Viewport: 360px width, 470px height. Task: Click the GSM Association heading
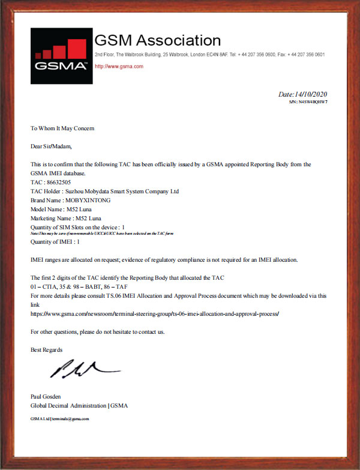[x=158, y=41]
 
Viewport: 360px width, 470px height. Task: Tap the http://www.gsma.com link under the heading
[x=119, y=66]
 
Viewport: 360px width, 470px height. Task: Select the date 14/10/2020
[x=303, y=94]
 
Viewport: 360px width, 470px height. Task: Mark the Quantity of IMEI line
[x=55, y=241]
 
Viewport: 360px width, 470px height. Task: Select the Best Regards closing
[x=46, y=349]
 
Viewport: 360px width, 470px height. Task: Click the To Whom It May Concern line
[x=62, y=128]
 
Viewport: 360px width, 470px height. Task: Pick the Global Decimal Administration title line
[x=79, y=405]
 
